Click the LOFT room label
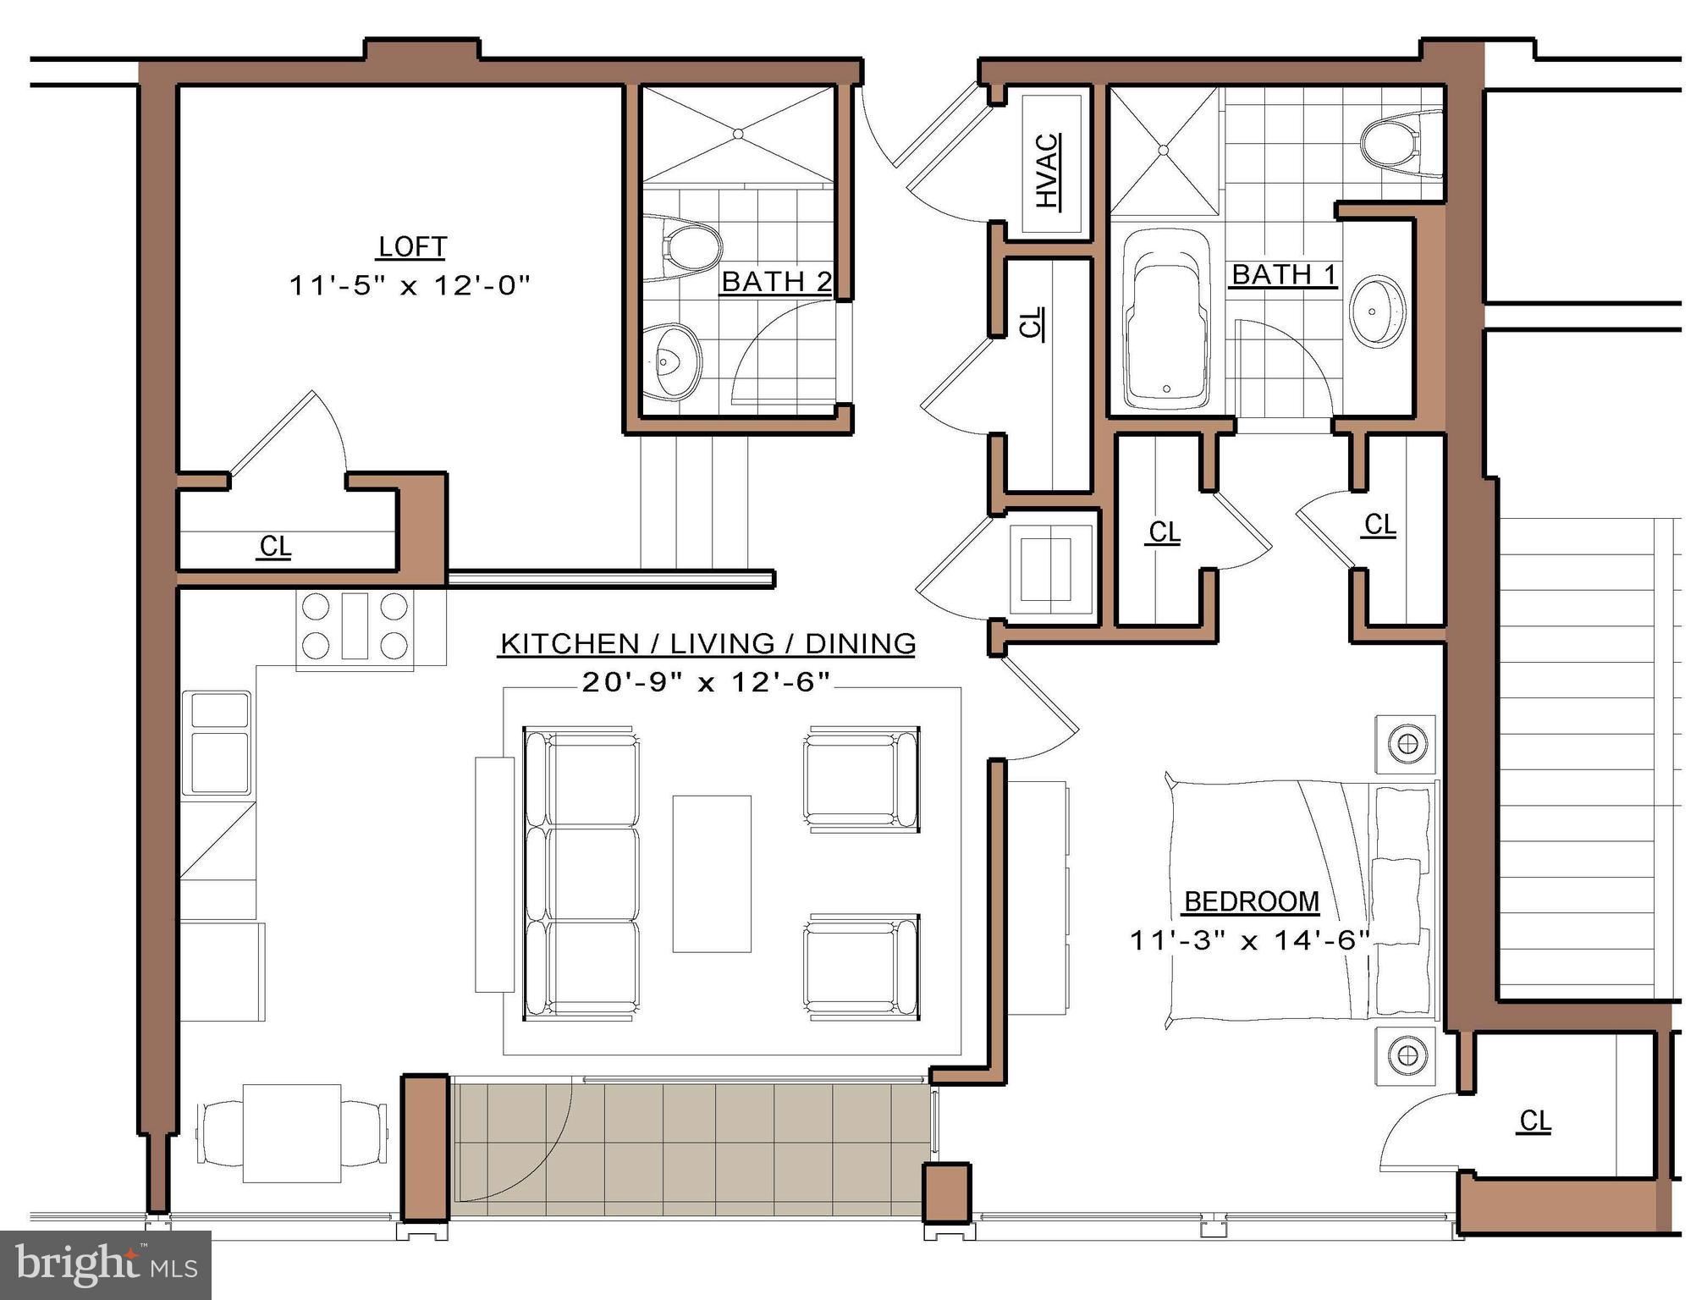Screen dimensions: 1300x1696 pyautogui.click(x=412, y=247)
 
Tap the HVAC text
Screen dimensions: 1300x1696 pyautogui.click(x=1048, y=171)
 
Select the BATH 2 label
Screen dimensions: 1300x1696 pyautogui.click(x=776, y=281)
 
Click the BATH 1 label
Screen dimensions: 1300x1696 pyautogui.click(x=1283, y=275)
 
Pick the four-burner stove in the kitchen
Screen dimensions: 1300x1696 pyautogui.click(x=355, y=626)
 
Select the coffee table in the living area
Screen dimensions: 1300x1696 pyautogui.click(x=712, y=873)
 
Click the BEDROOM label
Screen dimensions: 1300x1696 pyautogui.click(x=1252, y=902)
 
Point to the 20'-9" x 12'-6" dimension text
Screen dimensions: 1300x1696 pyautogui.click(x=706, y=682)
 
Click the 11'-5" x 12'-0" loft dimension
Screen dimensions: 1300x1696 pyautogui.click(x=410, y=286)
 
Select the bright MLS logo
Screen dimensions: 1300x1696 pyautogui.click(x=106, y=1264)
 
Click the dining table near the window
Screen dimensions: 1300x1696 pyautogui.click(x=292, y=1132)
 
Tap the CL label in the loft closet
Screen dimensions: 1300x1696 pyautogui.click(x=275, y=547)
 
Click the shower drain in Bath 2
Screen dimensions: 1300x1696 pyautogui.click(x=739, y=133)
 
